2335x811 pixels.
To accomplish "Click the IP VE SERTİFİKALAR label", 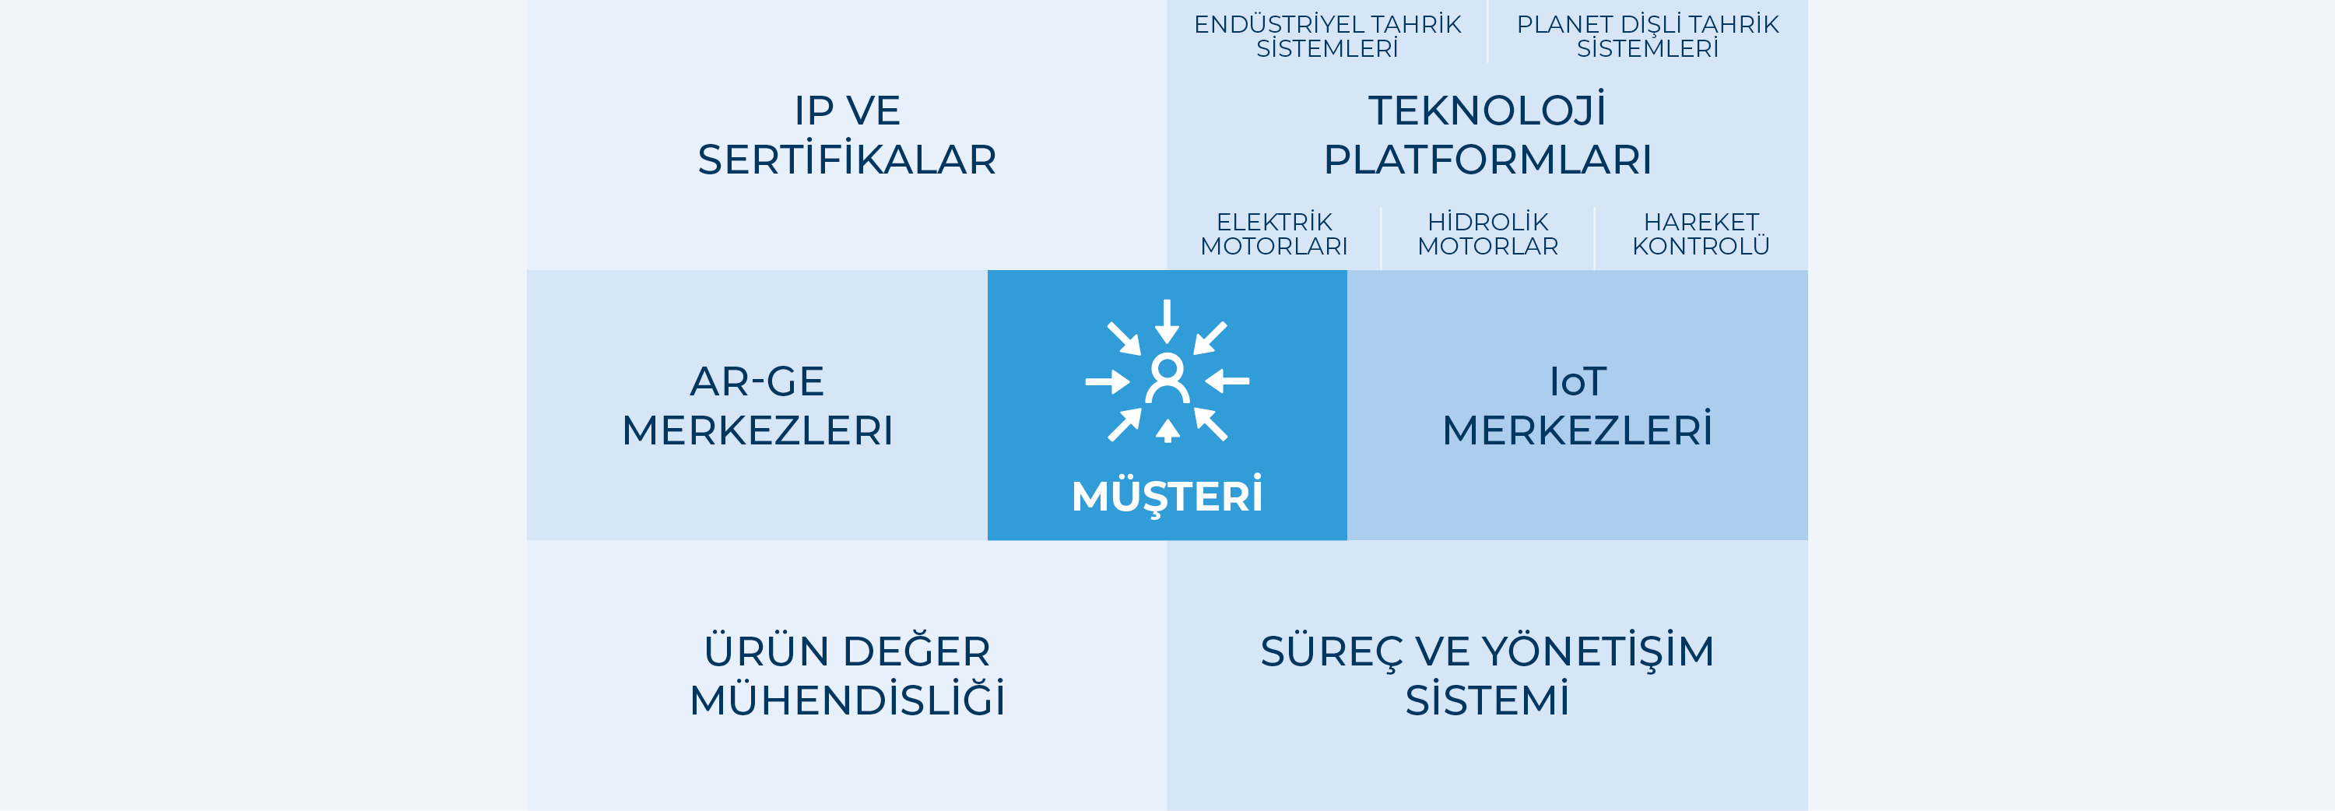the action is (847, 135).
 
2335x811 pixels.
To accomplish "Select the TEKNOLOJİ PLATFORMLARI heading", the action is (1487, 134).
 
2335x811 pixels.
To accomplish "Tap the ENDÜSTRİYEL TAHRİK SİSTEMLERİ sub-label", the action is (1327, 37).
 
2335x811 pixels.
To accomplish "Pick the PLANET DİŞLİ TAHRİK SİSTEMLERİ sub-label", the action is (1647, 37).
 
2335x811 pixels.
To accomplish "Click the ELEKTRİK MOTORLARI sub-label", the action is (1273, 233).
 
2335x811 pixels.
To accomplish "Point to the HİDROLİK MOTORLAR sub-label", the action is (1487, 233).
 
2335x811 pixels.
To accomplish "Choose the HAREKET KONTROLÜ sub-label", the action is (1701, 233).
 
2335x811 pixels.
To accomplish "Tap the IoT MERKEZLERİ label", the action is (1577, 405).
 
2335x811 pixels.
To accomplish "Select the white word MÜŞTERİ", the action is (1167, 495).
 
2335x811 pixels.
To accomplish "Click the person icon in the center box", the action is (1167, 379).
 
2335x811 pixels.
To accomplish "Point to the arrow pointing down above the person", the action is (1167, 321).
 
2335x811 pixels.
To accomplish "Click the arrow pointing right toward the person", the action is (1108, 381).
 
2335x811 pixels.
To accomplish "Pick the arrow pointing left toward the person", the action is (1227, 381).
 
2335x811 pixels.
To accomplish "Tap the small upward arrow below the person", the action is (1167, 430).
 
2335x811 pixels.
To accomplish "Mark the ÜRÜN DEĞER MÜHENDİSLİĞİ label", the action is (847, 675).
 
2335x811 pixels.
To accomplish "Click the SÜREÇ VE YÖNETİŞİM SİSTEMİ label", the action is (1487, 675).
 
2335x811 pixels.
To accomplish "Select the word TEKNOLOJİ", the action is (1487, 110).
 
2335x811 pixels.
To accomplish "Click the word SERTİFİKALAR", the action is (847, 159).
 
